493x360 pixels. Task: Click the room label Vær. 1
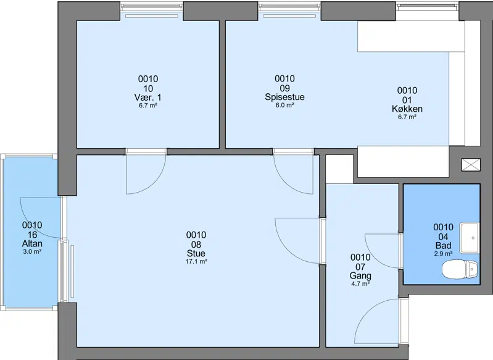click(x=147, y=97)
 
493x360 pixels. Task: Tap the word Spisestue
click(x=284, y=96)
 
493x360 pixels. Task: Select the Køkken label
click(x=407, y=109)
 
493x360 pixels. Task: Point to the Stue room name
click(x=196, y=253)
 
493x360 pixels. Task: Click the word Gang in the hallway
click(x=360, y=275)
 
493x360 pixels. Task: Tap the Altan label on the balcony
click(x=32, y=243)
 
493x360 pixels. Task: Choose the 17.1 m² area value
click(x=196, y=261)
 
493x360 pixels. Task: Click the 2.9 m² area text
click(x=443, y=253)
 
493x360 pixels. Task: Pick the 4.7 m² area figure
click(x=360, y=283)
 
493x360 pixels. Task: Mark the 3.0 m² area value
click(x=32, y=251)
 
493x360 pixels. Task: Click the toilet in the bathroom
click(x=460, y=269)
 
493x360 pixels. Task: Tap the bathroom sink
click(x=469, y=238)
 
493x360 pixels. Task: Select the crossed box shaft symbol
click(x=471, y=165)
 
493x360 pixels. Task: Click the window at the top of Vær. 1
click(x=152, y=7)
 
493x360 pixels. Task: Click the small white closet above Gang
click(x=339, y=169)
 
